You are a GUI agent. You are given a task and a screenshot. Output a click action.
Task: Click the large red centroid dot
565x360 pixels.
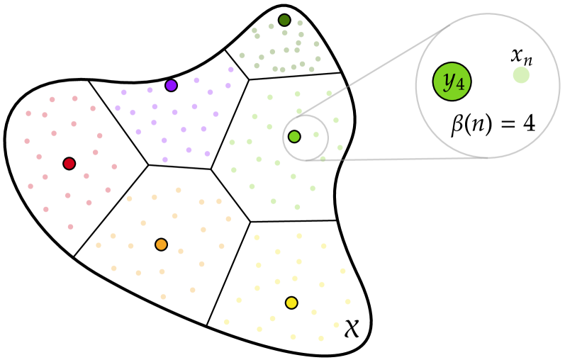[69, 164]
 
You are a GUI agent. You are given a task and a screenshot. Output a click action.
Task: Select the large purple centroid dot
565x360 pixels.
[171, 86]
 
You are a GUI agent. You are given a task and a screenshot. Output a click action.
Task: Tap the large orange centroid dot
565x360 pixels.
[161, 244]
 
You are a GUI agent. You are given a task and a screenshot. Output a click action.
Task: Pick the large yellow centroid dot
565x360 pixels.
[291, 303]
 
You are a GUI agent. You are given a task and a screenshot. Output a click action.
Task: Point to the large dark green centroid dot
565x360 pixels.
[284, 21]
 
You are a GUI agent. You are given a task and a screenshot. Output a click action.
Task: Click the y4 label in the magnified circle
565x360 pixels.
[452, 81]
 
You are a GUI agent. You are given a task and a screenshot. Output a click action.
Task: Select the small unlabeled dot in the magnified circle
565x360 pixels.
[521, 75]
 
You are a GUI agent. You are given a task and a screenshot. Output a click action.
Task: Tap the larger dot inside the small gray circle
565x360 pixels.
[294, 136]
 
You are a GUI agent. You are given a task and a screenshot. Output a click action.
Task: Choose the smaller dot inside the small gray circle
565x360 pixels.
[316, 135]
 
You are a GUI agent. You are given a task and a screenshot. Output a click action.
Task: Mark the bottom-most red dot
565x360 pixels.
[70, 227]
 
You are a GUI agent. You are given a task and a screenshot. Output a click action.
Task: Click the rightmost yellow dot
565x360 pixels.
[348, 301]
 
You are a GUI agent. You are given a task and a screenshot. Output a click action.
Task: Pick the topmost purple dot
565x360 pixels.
[231, 69]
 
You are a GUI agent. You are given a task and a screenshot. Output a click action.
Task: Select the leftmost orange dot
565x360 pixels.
[99, 245]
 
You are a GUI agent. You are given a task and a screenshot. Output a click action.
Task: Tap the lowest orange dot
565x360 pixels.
[163, 297]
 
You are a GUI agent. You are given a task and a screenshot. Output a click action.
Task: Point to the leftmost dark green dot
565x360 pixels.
[242, 55]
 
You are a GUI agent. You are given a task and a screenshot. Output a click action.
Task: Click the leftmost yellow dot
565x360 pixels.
[227, 322]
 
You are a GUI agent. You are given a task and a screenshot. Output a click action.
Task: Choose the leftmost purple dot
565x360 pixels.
[118, 108]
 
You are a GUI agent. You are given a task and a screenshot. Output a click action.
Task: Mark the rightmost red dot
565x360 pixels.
[114, 167]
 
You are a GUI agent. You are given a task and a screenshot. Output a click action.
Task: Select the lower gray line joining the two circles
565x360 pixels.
[397, 159]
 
